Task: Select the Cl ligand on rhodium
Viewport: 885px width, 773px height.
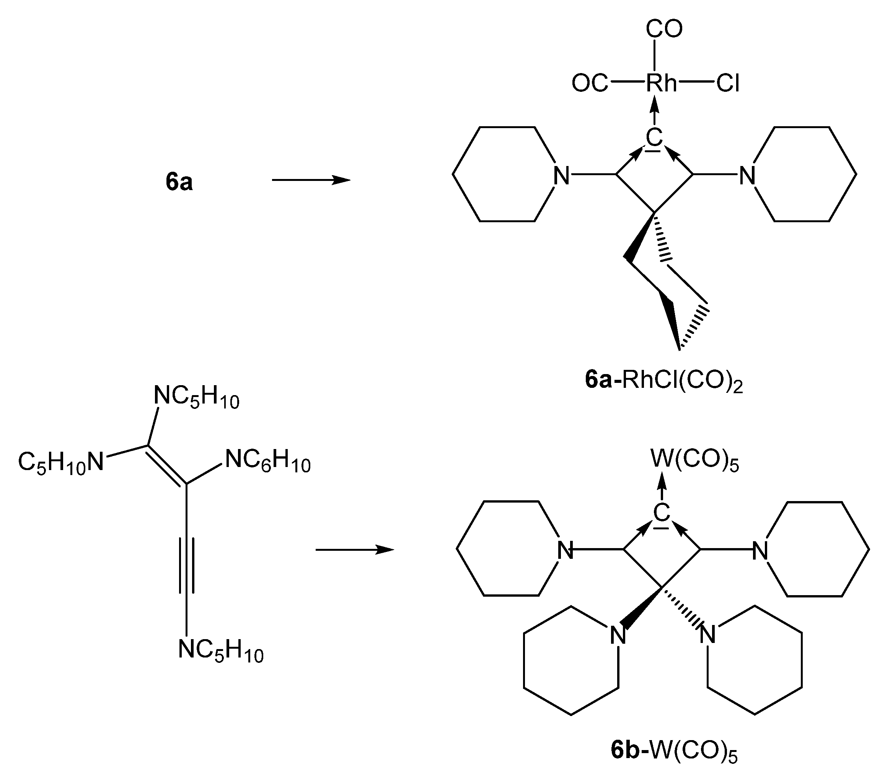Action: point(728,83)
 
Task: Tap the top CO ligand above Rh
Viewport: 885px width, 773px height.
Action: point(664,29)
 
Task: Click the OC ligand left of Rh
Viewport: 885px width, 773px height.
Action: point(589,83)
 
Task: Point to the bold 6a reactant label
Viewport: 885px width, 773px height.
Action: point(179,182)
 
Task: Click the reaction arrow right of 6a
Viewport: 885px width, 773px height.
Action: point(311,180)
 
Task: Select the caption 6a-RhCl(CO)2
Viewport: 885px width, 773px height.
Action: point(663,381)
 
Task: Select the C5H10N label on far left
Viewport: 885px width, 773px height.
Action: point(61,463)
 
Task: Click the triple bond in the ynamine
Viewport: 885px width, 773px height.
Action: point(186,565)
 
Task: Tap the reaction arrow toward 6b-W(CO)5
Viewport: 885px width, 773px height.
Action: point(355,550)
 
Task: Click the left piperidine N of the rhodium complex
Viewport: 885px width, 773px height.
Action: point(561,176)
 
